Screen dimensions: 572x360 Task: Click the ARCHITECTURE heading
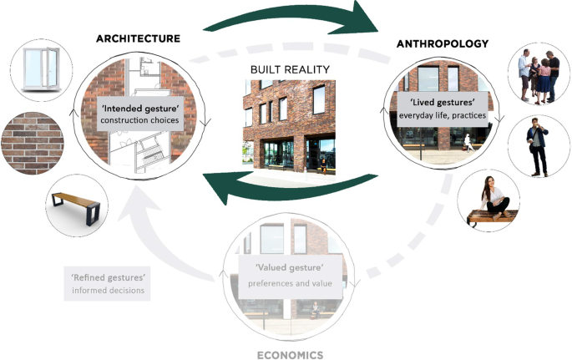click(138, 38)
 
